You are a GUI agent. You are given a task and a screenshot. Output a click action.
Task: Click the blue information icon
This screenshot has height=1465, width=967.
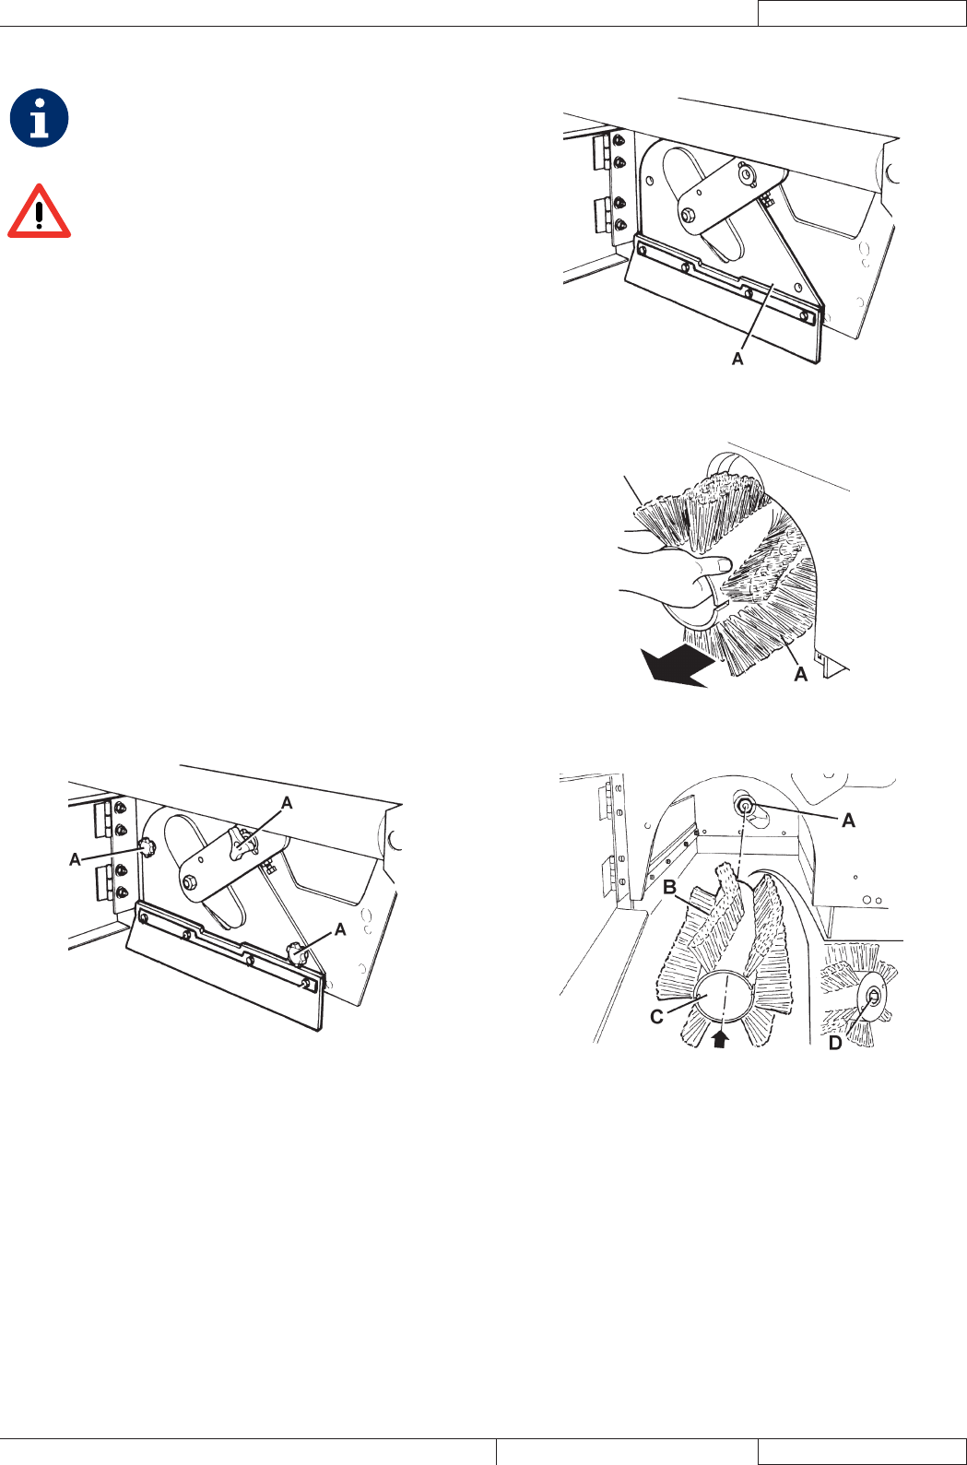(x=39, y=118)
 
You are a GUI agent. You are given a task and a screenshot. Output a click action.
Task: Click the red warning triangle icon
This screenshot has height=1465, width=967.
(x=39, y=212)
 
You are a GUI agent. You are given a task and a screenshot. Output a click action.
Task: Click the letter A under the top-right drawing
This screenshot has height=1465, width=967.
(x=737, y=358)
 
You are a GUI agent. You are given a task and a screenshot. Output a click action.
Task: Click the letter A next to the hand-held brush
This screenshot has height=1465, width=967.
(x=801, y=675)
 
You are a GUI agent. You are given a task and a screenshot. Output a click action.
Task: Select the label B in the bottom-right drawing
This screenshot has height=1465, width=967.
(x=670, y=887)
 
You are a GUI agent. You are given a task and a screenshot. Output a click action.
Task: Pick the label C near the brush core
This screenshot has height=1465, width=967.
(x=657, y=1017)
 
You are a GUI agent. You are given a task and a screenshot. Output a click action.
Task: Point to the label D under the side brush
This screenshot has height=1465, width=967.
(x=835, y=1044)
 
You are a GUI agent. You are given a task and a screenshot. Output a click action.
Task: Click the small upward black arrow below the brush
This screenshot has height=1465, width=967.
(x=721, y=1038)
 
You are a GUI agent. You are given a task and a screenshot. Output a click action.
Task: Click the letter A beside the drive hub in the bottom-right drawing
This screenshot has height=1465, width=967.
(x=849, y=820)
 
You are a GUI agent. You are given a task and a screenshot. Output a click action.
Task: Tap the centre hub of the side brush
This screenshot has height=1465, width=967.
(x=871, y=997)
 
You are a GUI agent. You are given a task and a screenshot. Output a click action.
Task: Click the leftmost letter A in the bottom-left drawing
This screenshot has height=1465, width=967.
(x=75, y=859)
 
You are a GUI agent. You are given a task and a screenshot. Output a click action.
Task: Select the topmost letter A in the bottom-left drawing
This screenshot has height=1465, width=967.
(x=287, y=803)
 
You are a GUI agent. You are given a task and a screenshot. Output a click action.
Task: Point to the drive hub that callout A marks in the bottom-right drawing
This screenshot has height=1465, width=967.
(x=745, y=805)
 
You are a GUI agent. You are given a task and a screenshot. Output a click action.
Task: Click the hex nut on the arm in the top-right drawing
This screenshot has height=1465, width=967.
(x=688, y=214)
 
